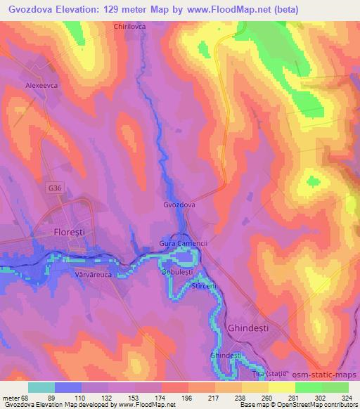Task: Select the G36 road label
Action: (x=56, y=188)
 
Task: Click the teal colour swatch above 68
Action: (x=41, y=387)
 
